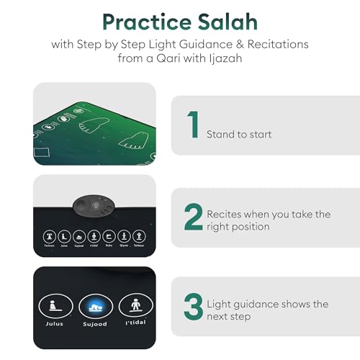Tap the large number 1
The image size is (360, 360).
192,124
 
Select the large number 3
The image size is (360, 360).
193,306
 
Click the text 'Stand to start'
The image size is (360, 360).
238,134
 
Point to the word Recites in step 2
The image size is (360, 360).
225,214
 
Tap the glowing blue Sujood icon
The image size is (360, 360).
94,305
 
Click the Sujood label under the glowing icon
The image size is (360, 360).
94,324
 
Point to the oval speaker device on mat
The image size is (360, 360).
94,207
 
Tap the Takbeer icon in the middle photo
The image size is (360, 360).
139,235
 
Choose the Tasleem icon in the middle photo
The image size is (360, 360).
50,235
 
